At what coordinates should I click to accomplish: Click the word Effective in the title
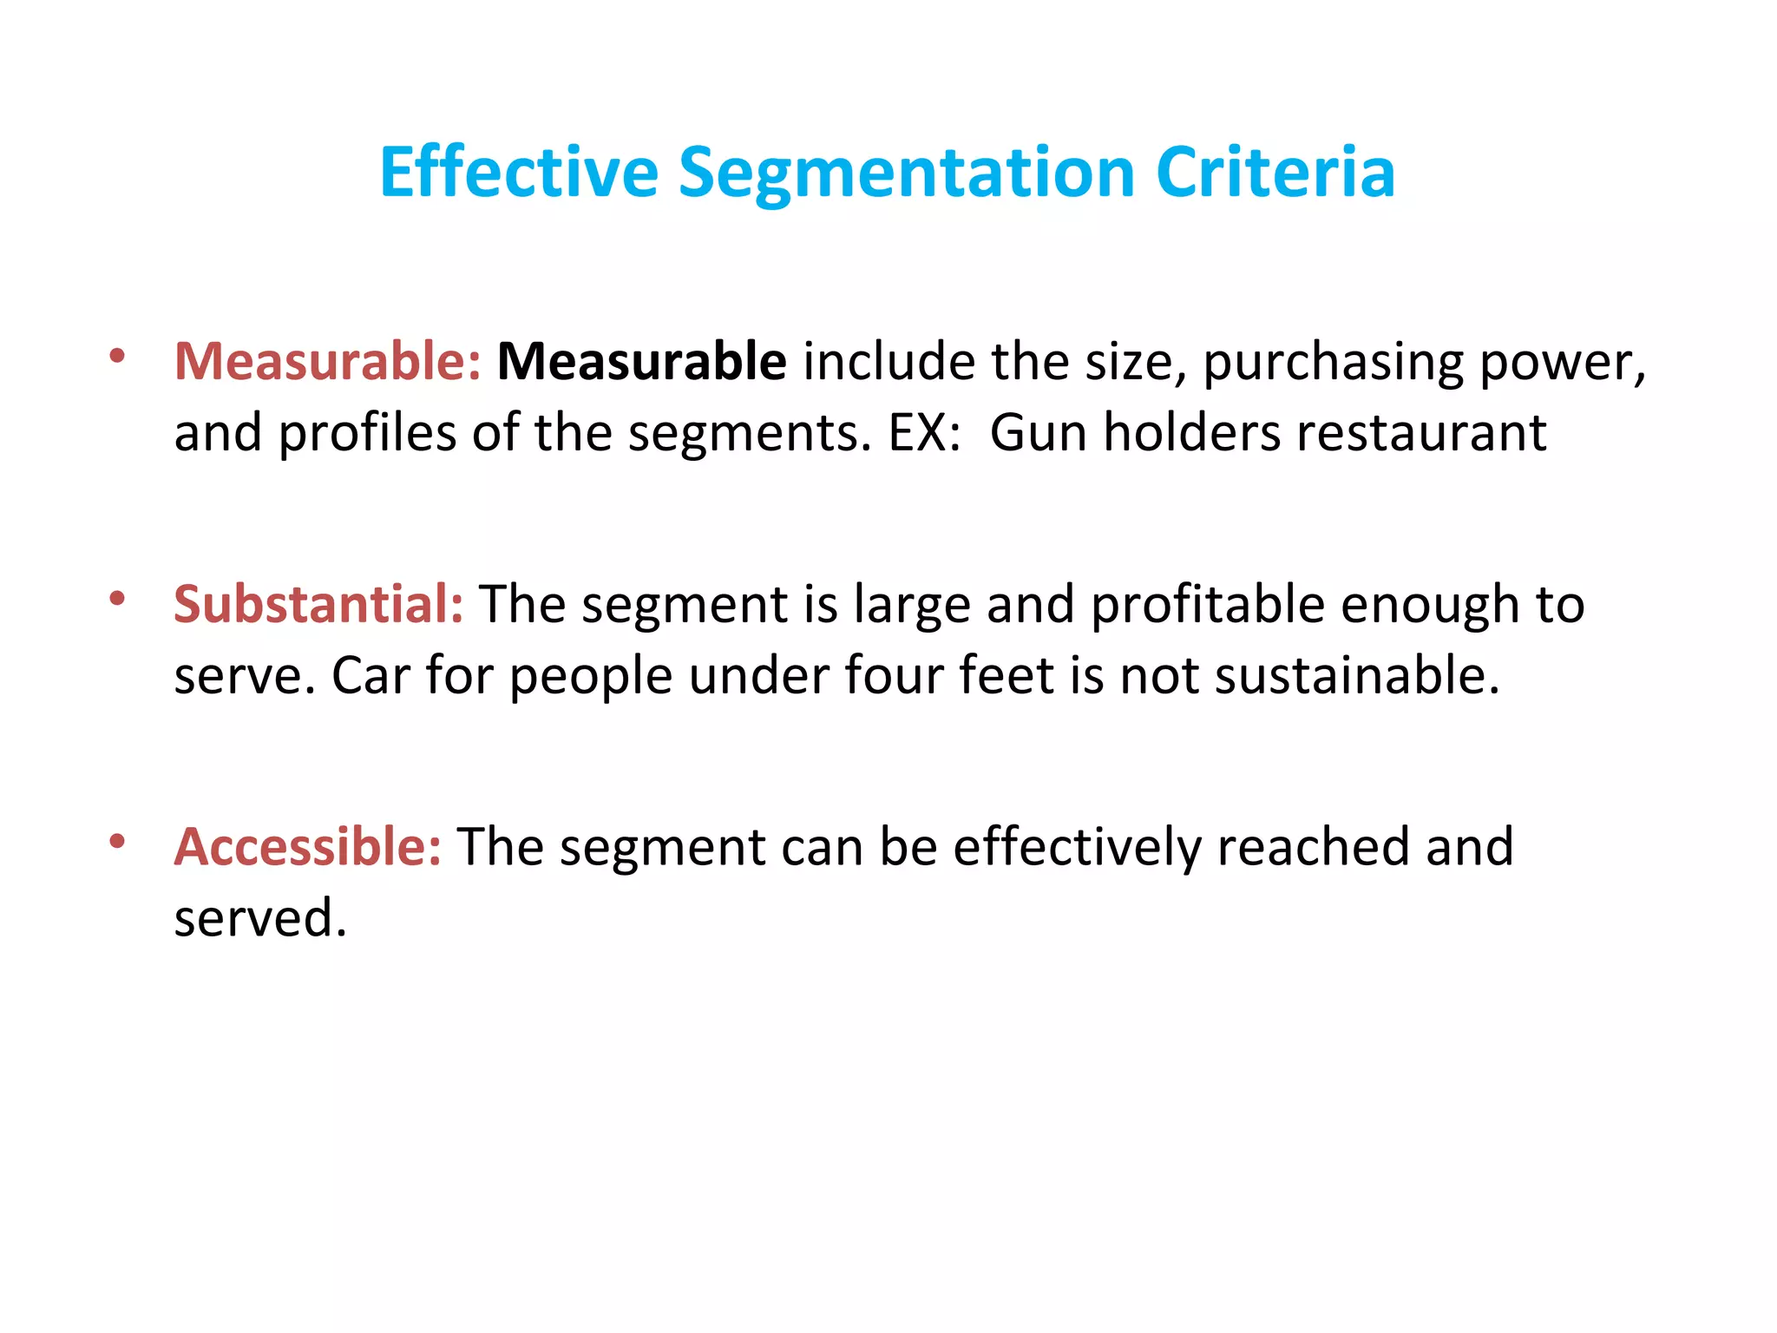pyautogui.click(x=519, y=173)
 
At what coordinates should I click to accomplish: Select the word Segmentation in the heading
pyautogui.click(x=906, y=173)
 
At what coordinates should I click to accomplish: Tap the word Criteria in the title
pyautogui.click(x=1275, y=173)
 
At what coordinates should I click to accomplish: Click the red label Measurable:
pyautogui.click(x=327, y=361)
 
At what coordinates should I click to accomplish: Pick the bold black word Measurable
pyautogui.click(x=641, y=361)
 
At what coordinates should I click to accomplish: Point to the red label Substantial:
pyautogui.click(x=318, y=604)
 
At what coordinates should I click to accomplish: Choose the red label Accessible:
pyautogui.click(x=307, y=847)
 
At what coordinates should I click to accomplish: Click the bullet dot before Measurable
pyautogui.click(x=117, y=355)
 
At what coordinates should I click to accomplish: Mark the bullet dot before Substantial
pyautogui.click(x=117, y=598)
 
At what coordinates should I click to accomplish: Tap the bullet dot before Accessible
pyautogui.click(x=117, y=841)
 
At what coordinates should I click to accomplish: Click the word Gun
pyautogui.click(x=1038, y=432)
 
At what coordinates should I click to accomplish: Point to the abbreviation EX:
pyautogui.click(x=924, y=432)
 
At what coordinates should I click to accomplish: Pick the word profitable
pyautogui.click(x=1207, y=604)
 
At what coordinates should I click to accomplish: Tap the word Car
pyautogui.click(x=370, y=675)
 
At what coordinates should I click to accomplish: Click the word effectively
pyautogui.click(x=1077, y=847)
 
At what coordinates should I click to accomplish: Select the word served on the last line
pyautogui.click(x=259, y=918)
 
